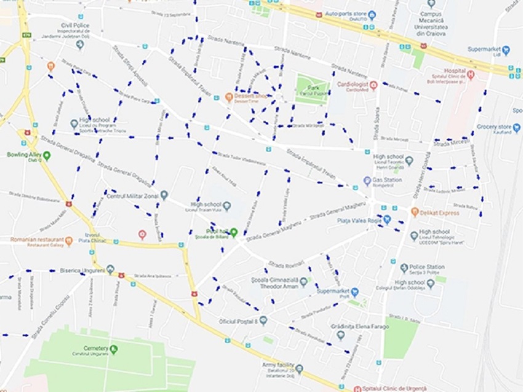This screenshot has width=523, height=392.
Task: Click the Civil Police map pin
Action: (x=79, y=44)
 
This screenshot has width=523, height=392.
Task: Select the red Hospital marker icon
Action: (x=471, y=74)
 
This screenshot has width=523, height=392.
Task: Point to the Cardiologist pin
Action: (x=373, y=86)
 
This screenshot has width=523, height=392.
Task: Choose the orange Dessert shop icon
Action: (x=229, y=96)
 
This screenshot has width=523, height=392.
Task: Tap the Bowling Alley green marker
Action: (x=47, y=155)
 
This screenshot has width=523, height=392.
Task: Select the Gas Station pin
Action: (x=367, y=181)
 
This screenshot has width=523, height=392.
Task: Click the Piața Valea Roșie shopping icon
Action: (x=386, y=219)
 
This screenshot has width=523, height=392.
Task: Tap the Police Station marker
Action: (x=404, y=268)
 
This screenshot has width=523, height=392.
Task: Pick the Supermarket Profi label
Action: (x=333, y=292)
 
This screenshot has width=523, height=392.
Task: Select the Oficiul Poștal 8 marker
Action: (x=263, y=321)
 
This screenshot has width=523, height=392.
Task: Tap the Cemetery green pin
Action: (x=113, y=349)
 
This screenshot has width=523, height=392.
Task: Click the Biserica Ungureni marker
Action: (x=110, y=269)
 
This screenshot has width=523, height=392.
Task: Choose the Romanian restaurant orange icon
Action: (x=69, y=241)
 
